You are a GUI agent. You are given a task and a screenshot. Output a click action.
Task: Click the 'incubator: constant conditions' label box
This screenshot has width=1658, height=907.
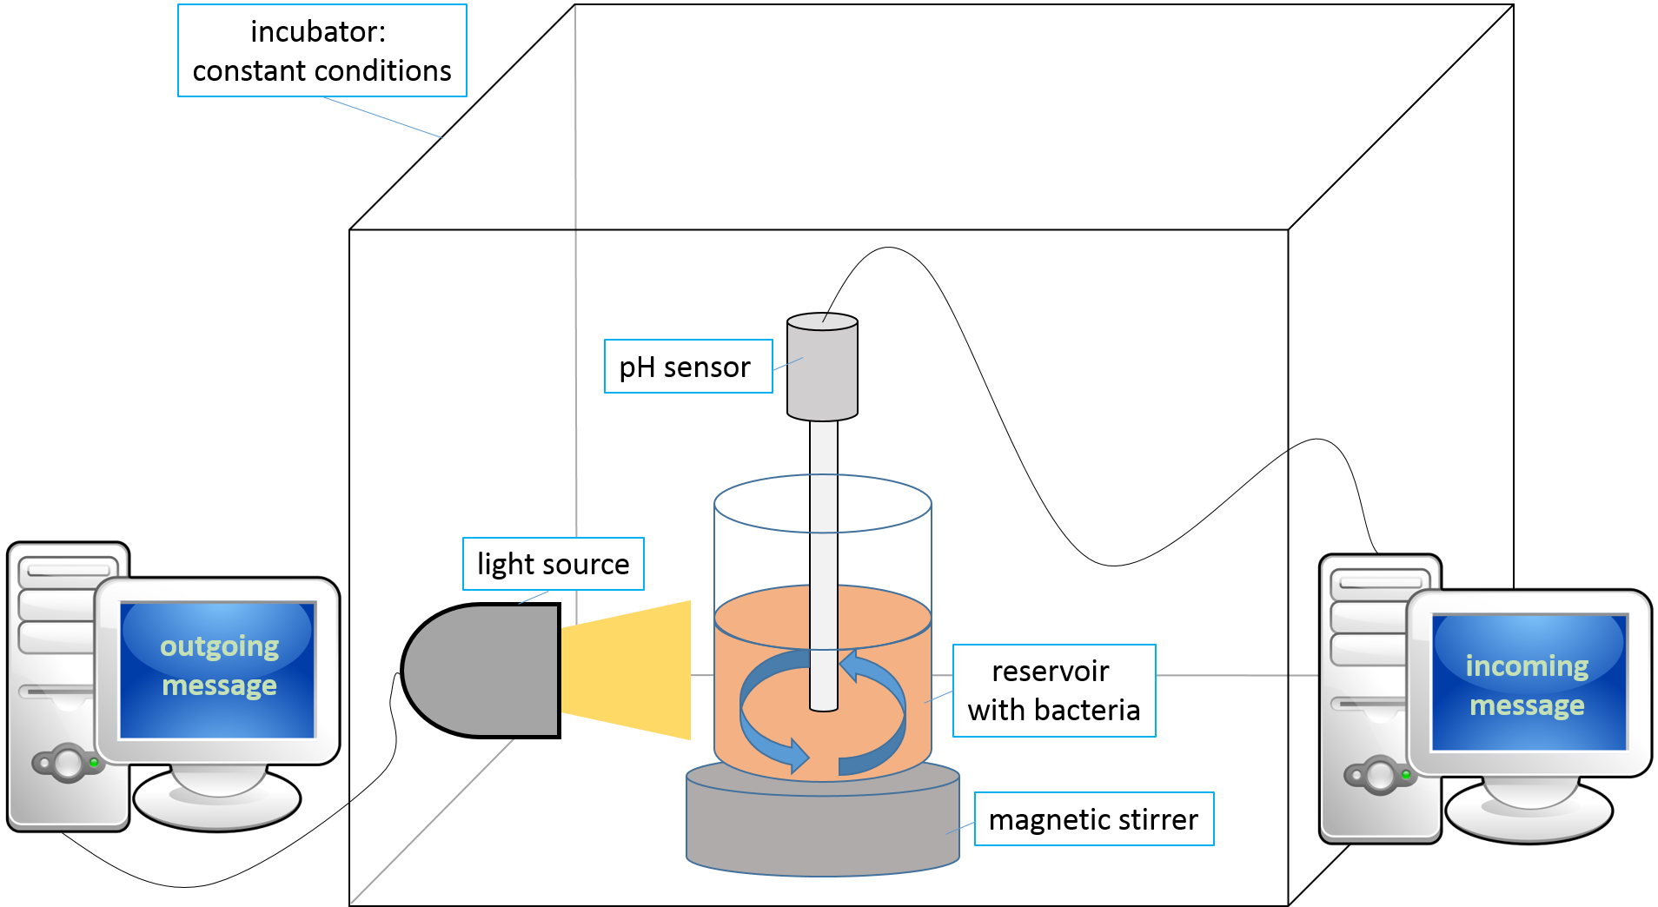coord(322,50)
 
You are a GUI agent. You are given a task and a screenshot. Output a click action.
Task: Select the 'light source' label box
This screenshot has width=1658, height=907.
coord(553,564)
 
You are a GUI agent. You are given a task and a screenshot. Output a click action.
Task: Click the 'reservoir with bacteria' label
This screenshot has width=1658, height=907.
coord(1053,691)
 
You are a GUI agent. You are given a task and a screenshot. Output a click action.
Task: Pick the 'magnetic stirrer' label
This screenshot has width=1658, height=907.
coord(1093,818)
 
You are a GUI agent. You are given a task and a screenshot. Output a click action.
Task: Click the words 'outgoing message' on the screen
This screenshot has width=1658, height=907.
coord(219,665)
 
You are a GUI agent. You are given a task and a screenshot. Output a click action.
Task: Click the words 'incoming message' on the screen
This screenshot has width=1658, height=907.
coord(1527,685)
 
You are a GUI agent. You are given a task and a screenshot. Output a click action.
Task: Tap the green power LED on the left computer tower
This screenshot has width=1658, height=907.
coord(94,763)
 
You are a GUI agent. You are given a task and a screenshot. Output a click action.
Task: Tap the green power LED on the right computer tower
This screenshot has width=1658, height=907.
coord(1405,773)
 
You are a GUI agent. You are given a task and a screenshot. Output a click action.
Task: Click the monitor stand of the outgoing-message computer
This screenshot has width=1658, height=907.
coord(217,795)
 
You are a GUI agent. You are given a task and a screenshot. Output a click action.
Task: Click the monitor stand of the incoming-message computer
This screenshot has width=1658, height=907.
coord(1529,808)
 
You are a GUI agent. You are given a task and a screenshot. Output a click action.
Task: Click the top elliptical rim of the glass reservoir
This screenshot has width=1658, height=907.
coord(822,476)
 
